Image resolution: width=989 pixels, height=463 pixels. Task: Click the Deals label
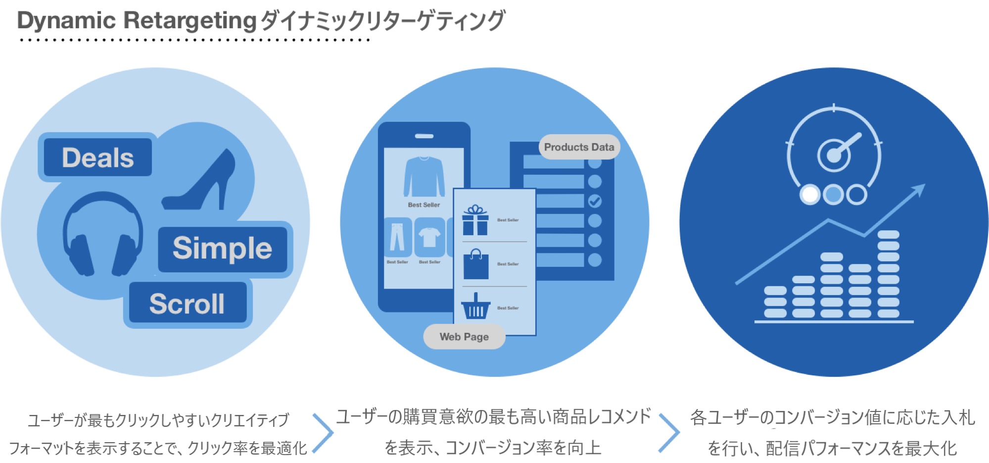point(98,158)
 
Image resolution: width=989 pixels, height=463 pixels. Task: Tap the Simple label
point(223,248)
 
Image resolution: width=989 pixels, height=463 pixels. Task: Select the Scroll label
point(187,304)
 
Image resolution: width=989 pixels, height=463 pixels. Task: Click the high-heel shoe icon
point(203,183)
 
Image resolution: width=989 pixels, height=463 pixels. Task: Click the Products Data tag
point(579,147)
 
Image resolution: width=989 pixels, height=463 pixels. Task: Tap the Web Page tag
point(464,337)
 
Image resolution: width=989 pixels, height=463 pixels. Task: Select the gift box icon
point(475,220)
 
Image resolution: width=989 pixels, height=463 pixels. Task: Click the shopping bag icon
point(475,264)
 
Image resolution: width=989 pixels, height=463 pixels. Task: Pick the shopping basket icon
point(475,307)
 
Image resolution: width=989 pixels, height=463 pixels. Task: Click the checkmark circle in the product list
point(595,201)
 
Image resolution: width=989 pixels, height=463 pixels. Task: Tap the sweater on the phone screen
point(424,177)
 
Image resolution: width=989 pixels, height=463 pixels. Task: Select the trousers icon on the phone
point(397,237)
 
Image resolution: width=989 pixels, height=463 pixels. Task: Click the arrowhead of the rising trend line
point(919,190)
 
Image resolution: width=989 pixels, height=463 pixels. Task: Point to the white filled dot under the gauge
point(810,194)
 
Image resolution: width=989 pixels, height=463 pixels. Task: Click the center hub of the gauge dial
point(834,155)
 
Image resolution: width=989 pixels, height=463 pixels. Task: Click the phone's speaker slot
point(424,136)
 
